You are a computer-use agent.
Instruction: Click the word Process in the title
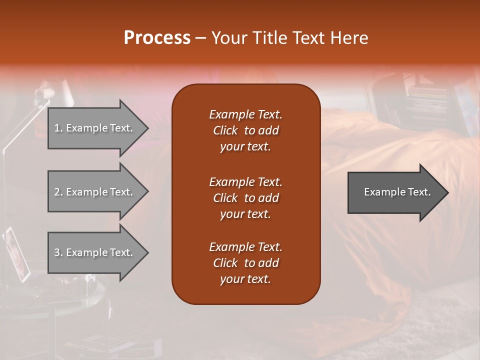click(x=157, y=38)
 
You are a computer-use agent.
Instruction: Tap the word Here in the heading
click(x=348, y=38)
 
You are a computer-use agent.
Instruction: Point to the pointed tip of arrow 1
click(x=147, y=128)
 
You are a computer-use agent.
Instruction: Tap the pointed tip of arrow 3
click(x=147, y=252)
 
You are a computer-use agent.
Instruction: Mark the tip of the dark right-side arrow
click(x=447, y=192)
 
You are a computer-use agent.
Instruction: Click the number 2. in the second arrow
click(x=58, y=192)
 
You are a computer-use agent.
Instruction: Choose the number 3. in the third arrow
click(x=58, y=252)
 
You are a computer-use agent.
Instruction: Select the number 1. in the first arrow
click(x=58, y=128)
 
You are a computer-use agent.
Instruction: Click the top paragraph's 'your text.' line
click(x=245, y=147)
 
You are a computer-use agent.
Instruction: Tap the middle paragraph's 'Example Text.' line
click(x=245, y=181)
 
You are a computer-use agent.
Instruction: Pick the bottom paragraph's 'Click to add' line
click(x=245, y=263)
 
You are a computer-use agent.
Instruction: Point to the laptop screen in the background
click(x=16, y=252)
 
